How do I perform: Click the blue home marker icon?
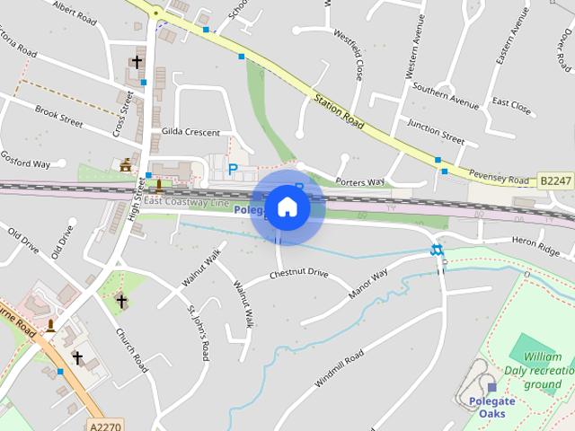287,207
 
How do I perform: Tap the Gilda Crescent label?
190,133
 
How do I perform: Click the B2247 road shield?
556,181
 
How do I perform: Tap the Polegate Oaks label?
491,407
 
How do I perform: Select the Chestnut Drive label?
299,273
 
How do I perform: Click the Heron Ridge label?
535,242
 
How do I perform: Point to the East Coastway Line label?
186,202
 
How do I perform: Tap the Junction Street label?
436,132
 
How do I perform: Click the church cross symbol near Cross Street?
137,62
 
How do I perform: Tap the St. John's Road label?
198,334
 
